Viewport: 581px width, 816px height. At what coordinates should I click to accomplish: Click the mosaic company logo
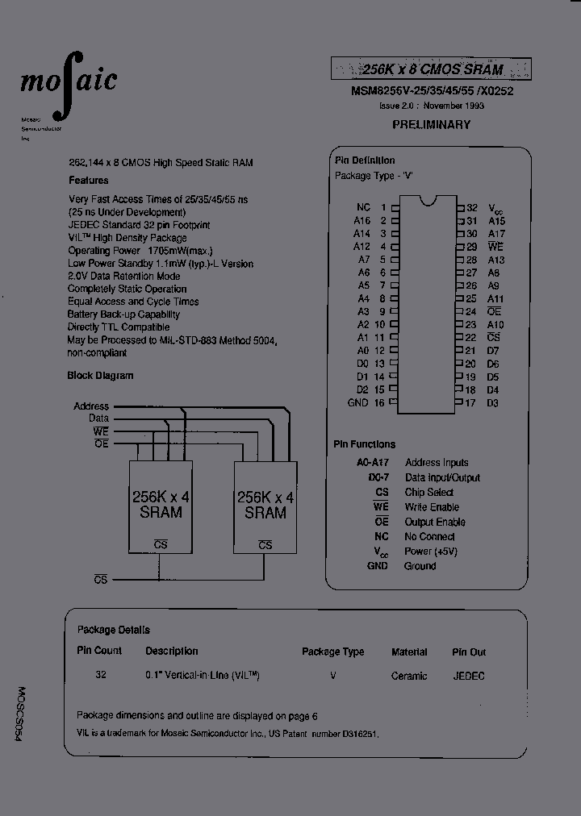[68, 81]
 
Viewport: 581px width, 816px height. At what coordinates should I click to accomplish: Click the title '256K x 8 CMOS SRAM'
[431, 70]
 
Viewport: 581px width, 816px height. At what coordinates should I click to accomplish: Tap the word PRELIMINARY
[431, 125]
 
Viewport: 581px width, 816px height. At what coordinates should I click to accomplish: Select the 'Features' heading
[89, 181]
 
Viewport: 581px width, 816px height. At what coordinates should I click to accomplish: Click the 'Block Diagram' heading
[101, 376]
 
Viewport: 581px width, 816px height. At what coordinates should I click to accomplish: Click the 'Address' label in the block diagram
[91, 406]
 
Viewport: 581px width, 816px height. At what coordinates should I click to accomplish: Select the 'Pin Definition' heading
[365, 160]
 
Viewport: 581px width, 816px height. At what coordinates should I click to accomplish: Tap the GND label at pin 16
[357, 402]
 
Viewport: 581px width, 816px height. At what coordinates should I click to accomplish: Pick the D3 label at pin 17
[493, 402]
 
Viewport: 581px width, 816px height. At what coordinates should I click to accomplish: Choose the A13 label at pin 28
[496, 260]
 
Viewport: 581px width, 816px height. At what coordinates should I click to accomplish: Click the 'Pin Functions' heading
[365, 444]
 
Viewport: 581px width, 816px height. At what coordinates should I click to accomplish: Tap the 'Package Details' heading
[113, 630]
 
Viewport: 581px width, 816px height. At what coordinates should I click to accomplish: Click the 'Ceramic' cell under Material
[409, 676]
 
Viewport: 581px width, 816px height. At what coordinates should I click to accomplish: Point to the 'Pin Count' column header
[99, 651]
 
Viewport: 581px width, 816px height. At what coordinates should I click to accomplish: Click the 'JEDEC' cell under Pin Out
[469, 676]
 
